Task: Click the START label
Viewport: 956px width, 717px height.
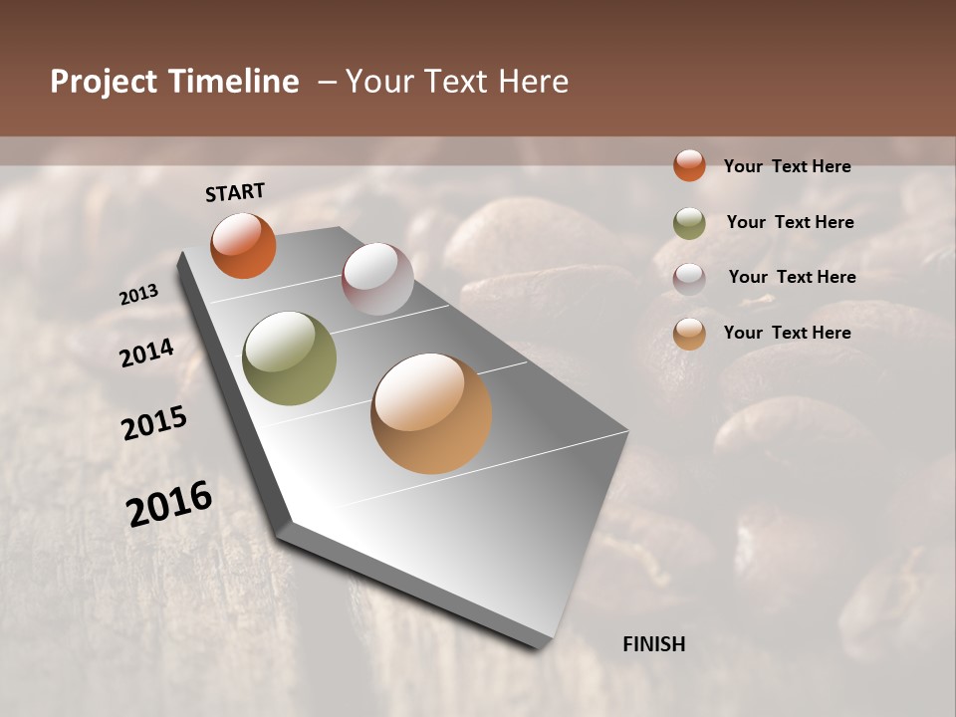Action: pos(235,192)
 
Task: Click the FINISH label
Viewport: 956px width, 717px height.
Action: pos(654,644)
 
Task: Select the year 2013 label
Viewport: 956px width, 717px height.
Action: pos(139,295)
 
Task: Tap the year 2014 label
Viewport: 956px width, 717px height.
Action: pos(146,353)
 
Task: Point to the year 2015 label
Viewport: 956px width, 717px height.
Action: pos(154,423)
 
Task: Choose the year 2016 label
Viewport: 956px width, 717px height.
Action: pos(169,503)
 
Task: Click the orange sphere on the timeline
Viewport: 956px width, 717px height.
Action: pos(243,245)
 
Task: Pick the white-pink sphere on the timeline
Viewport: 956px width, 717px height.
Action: pos(377,279)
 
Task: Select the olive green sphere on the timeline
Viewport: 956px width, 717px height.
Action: pos(290,358)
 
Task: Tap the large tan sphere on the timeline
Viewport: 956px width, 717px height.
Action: pos(431,413)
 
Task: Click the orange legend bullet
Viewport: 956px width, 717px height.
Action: pos(689,165)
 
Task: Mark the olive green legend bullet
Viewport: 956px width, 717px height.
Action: pos(689,223)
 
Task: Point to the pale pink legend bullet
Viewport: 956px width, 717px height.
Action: pos(689,278)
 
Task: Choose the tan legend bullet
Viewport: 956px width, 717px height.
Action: pos(689,334)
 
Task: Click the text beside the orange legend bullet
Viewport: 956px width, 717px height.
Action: pos(788,166)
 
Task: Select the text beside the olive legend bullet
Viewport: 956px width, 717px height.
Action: pos(790,222)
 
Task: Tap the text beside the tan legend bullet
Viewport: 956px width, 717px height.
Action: pos(788,333)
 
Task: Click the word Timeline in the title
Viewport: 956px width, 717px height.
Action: pos(232,82)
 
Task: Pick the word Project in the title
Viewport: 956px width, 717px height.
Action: pos(103,82)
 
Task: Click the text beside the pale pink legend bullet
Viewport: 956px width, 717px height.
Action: pos(792,277)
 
